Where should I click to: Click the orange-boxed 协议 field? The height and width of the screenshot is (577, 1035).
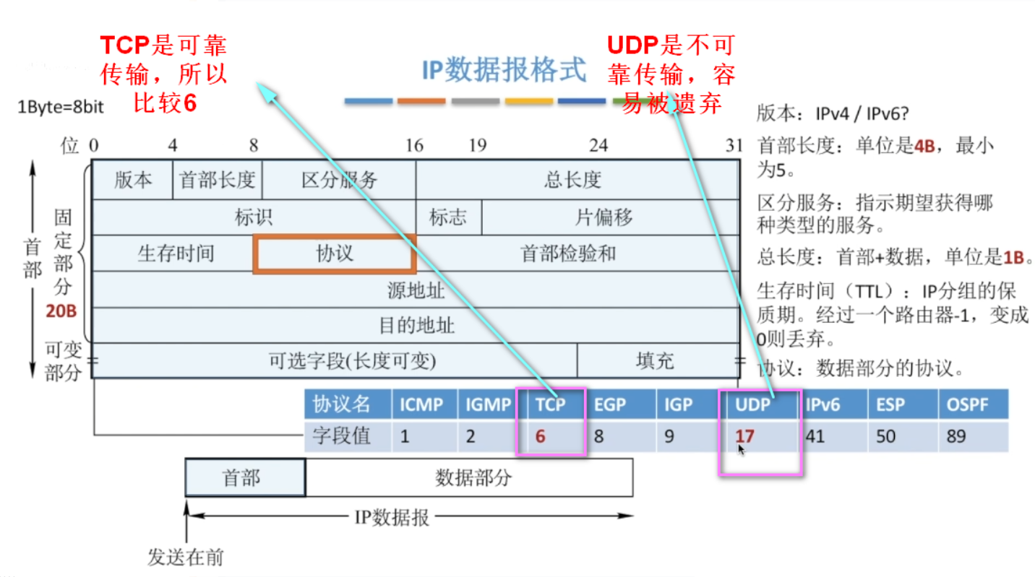[x=335, y=253]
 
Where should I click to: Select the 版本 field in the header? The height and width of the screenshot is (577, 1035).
[x=133, y=180]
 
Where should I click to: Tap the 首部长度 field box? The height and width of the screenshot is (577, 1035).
[x=218, y=180]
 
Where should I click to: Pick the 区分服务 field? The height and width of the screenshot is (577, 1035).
[x=339, y=180]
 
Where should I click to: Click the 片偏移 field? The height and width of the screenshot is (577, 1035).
[x=604, y=217]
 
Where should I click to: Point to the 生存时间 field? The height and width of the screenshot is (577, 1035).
[x=176, y=253]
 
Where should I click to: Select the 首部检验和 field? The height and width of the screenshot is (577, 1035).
[x=568, y=253]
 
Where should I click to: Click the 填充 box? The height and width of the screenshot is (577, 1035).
[x=655, y=360]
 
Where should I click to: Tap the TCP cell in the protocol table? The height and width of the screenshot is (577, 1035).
[x=550, y=404]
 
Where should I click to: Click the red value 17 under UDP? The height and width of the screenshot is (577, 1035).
[x=744, y=436]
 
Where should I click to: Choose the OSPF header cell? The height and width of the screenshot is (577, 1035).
[x=967, y=404]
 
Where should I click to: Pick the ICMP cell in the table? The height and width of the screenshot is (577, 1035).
[x=421, y=404]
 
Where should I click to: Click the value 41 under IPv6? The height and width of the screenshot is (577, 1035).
[x=817, y=436]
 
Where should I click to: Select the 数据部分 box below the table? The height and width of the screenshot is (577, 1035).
[x=473, y=477]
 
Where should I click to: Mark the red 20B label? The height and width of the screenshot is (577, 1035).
[x=61, y=313]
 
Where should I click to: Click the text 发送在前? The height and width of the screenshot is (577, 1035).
[x=186, y=558]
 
